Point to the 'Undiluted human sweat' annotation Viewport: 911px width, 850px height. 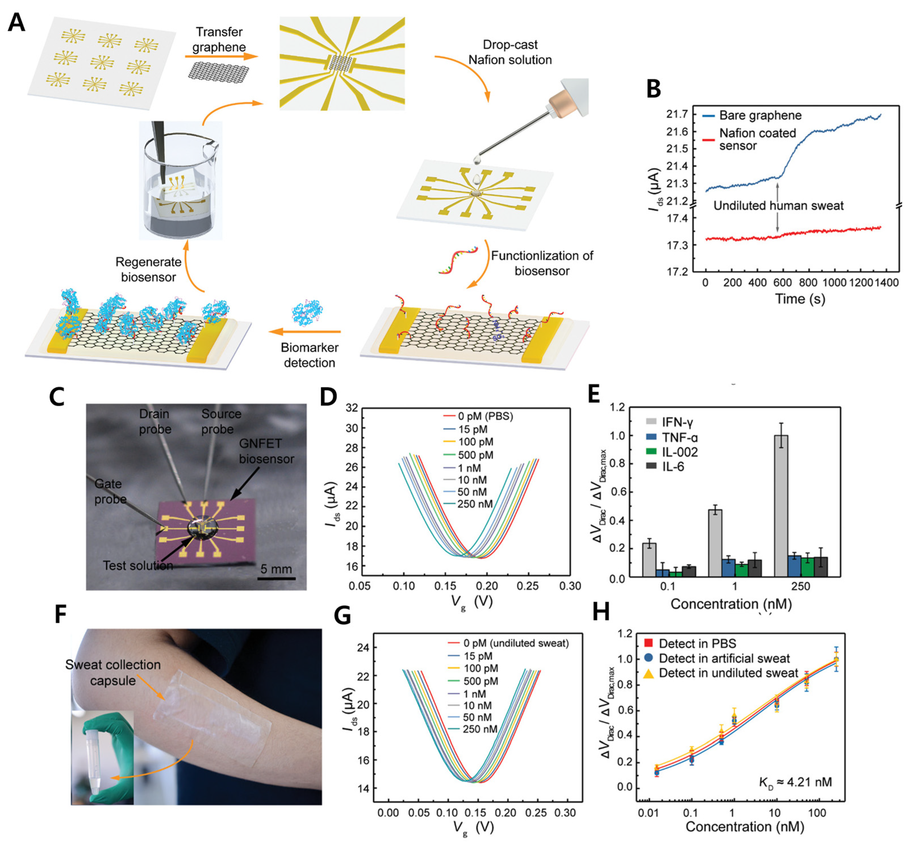click(x=778, y=206)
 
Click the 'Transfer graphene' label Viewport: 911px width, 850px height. click(x=219, y=39)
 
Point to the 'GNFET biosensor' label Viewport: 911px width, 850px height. click(x=266, y=451)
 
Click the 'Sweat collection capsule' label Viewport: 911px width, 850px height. click(x=113, y=672)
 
